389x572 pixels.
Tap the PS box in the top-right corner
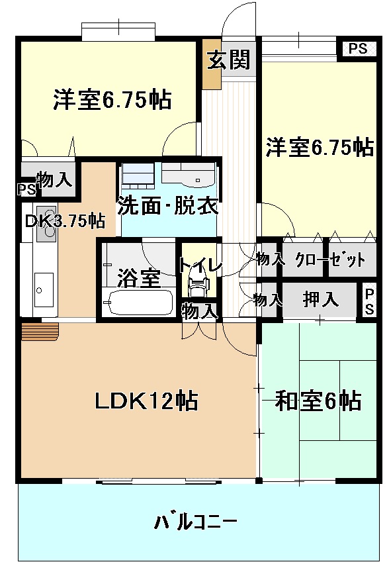(x=358, y=48)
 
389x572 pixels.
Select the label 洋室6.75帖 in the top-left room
(x=112, y=100)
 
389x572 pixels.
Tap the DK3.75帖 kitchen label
(x=65, y=220)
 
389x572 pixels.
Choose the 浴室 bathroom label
(x=138, y=279)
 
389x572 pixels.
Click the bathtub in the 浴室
(x=138, y=306)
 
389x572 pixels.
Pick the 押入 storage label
(x=321, y=300)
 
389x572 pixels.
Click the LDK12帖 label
(x=146, y=401)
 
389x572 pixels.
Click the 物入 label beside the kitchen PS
(x=54, y=179)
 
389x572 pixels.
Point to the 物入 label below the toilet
(x=199, y=310)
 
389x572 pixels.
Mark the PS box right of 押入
(x=368, y=301)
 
